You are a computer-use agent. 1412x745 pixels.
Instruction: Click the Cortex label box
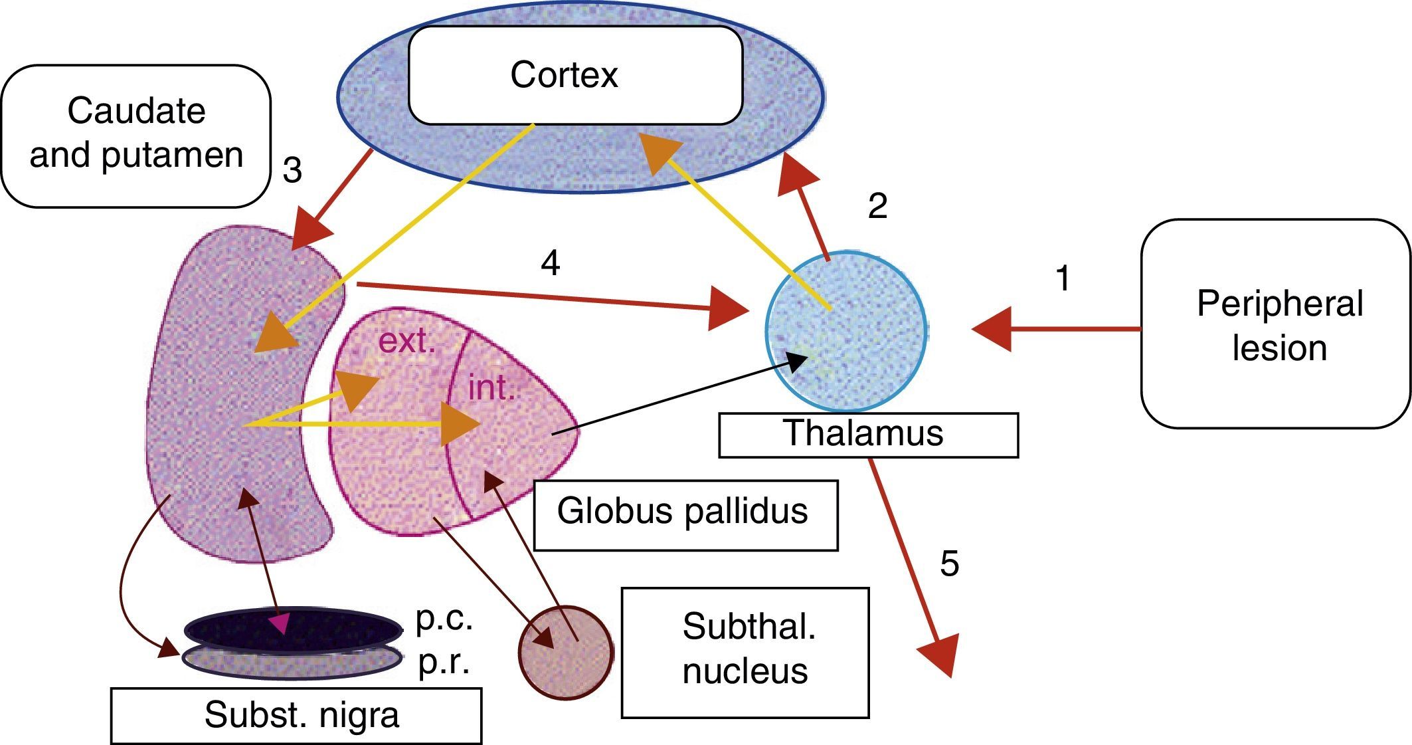click(574, 75)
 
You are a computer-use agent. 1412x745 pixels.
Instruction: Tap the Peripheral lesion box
click(1275, 324)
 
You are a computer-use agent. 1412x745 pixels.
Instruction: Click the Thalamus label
click(867, 435)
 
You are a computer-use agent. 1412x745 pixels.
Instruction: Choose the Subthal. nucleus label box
click(745, 651)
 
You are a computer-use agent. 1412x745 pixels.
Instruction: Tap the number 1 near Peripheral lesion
click(1063, 278)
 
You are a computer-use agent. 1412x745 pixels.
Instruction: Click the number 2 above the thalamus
click(877, 206)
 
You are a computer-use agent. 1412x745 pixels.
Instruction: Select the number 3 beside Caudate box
click(292, 170)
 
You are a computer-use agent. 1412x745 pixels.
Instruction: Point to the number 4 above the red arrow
click(551, 264)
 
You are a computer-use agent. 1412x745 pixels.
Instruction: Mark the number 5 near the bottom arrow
click(950, 564)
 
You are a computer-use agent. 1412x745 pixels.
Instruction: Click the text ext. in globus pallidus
click(406, 341)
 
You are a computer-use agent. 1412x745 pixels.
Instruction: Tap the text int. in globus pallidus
click(491, 387)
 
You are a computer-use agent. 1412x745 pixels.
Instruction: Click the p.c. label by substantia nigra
click(444, 619)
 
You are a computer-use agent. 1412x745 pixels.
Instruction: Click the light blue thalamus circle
click(846, 332)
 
